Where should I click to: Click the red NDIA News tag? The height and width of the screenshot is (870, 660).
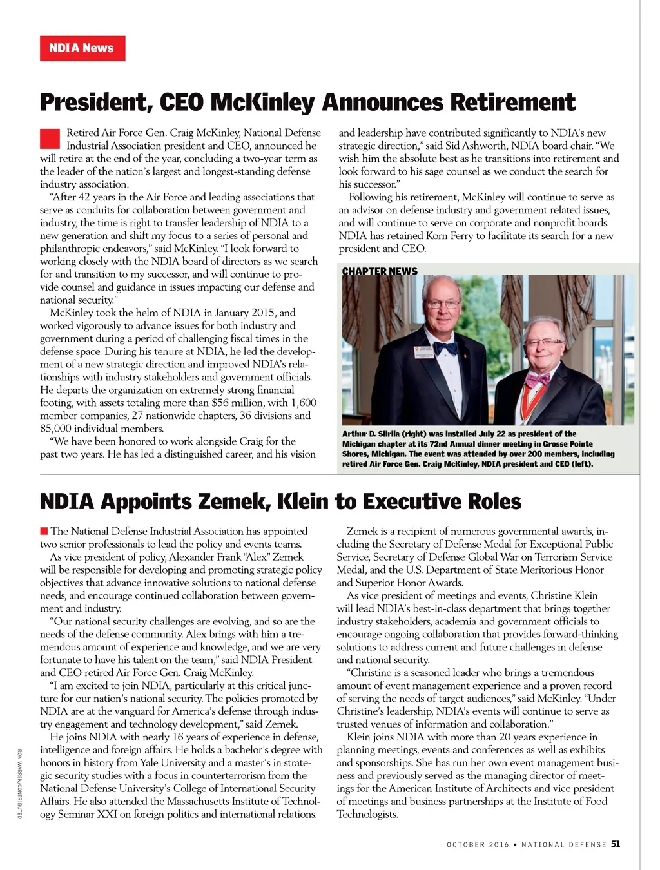[82, 48]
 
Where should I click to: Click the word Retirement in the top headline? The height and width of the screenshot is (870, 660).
[512, 102]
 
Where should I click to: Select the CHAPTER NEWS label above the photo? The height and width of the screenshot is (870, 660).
[380, 271]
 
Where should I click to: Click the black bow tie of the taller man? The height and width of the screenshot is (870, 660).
[445, 348]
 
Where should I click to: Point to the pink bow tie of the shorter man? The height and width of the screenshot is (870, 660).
[537, 380]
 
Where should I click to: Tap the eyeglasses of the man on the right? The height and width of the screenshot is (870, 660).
[544, 342]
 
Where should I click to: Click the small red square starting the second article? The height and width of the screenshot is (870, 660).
[44, 531]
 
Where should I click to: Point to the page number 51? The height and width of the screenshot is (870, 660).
[616, 844]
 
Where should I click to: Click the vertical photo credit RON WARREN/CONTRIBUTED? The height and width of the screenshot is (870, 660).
[20, 784]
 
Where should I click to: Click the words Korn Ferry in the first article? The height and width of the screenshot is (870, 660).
[449, 236]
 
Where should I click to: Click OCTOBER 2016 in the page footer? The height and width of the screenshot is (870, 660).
[478, 844]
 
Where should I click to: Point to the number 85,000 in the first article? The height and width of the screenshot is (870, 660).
[58, 429]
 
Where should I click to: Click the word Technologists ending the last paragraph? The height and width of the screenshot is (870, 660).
[367, 815]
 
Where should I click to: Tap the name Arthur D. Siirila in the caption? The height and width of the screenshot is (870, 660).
[371, 434]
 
